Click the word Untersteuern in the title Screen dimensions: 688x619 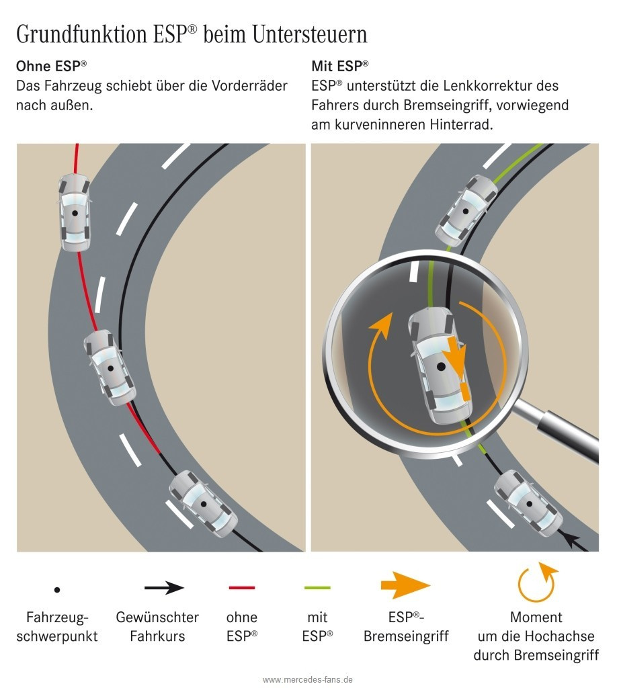coord(310,35)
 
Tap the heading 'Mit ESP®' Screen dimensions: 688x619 coord(340,66)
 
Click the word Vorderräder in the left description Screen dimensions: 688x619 coord(248,86)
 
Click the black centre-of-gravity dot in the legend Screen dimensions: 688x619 coord(57,590)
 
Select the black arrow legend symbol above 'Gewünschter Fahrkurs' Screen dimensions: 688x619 coord(164,588)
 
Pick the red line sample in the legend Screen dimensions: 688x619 coord(242,588)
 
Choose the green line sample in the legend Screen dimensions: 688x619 coord(318,588)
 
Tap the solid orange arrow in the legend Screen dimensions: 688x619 coord(405,586)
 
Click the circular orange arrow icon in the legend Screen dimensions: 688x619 coord(536,583)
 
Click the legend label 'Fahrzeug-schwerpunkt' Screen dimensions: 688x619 coord(57,626)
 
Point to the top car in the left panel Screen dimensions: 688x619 coord(74,212)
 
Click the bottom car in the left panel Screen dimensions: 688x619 coord(202,503)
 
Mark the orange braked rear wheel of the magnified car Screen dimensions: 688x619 coord(464,393)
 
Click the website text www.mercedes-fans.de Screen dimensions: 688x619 coord(308,679)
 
